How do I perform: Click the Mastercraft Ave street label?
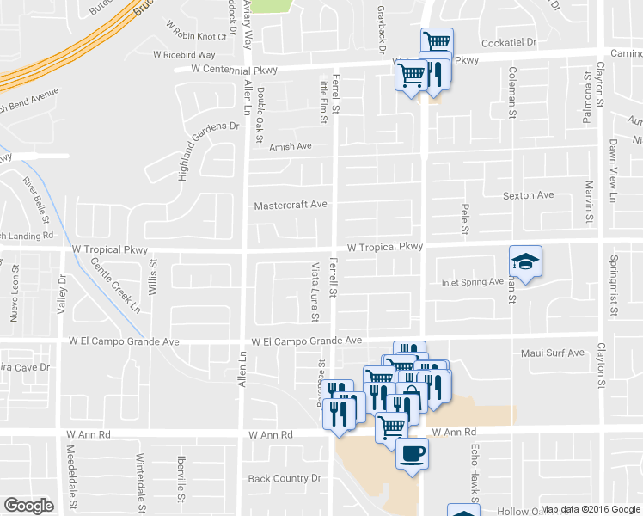click(x=291, y=206)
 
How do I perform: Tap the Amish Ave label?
click(x=290, y=146)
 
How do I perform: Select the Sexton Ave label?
click(x=528, y=195)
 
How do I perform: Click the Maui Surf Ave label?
click(x=552, y=353)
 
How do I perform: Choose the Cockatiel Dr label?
click(x=508, y=41)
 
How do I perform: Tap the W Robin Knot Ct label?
click(x=203, y=37)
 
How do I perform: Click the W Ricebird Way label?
click(x=184, y=54)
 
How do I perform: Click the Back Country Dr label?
click(x=284, y=478)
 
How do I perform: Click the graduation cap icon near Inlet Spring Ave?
click(x=525, y=261)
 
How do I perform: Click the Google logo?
click(x=28, y=506)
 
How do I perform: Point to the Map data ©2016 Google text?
click(x=590, y=509)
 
